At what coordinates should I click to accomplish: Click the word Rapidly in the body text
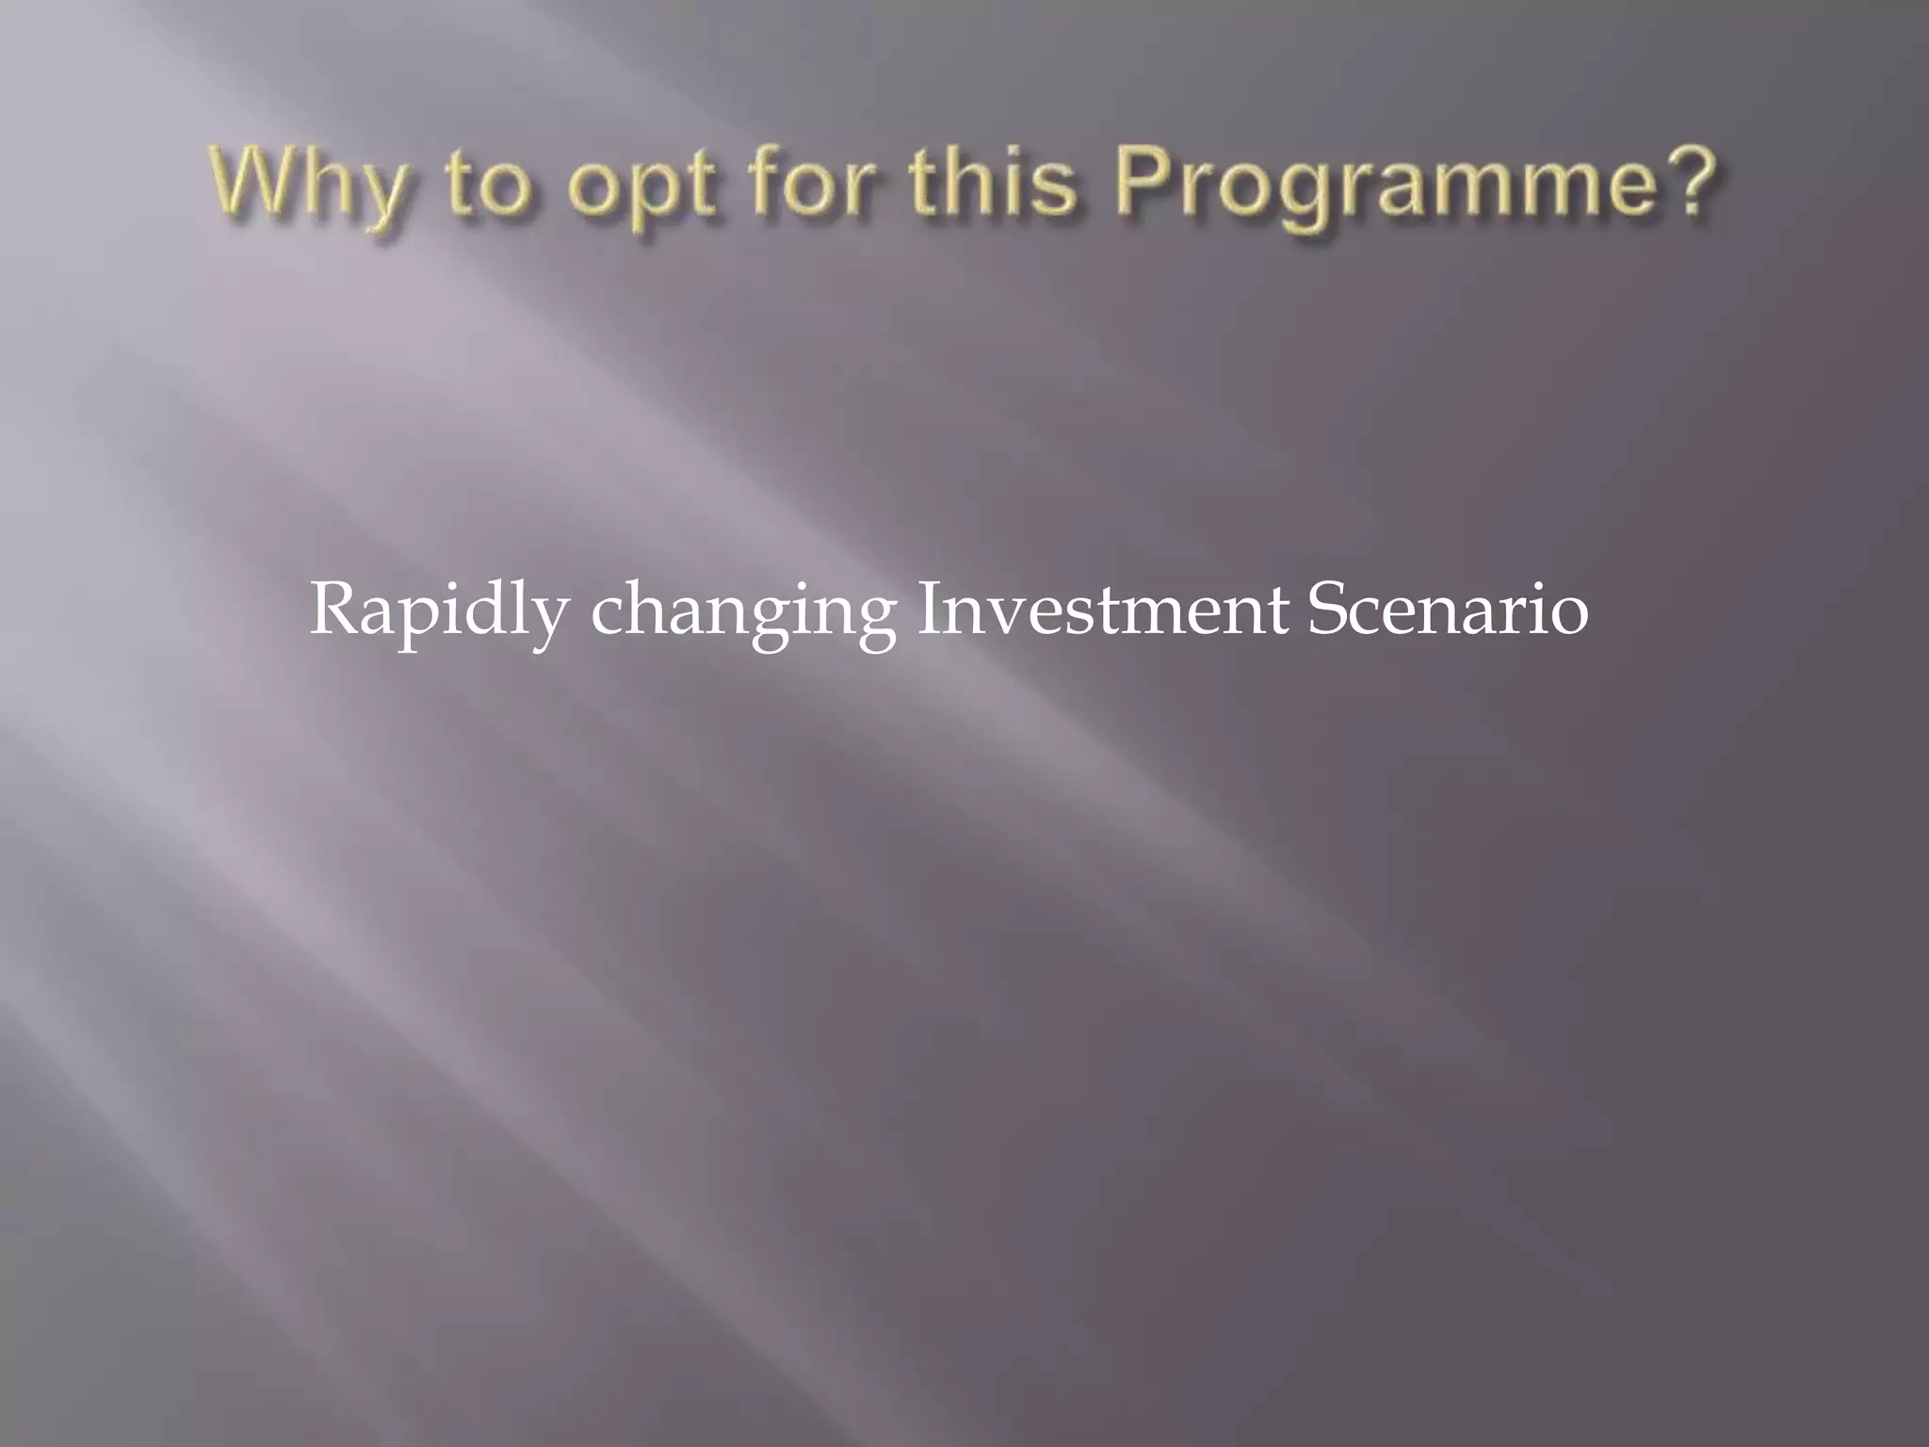[439, 610]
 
